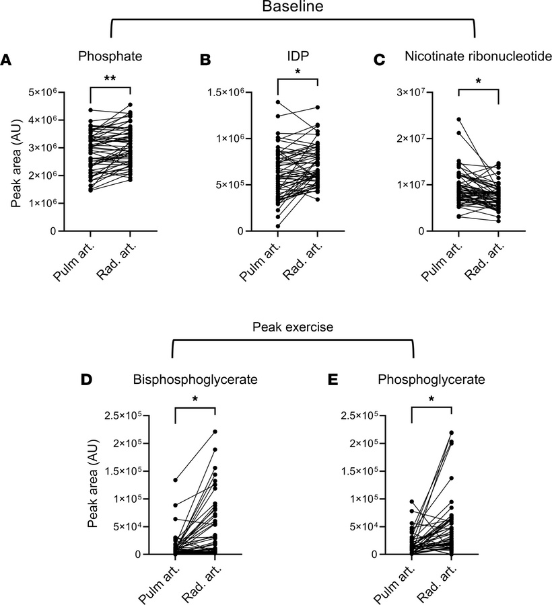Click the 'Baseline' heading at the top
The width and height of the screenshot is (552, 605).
pyautogui.click(x=292, y=8)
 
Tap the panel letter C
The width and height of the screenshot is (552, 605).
pyautogui.click(x=379, y=60)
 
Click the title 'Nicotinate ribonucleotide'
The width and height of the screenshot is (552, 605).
pyautogui.click(x=478, y=56)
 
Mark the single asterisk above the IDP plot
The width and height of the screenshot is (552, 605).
pyautogui.click(x=297, y=72)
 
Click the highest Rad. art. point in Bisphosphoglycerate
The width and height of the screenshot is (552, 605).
pyautogui.click(x=215, y=432)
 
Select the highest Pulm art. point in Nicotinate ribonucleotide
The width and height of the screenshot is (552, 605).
pyautogui.click(x=458, y=120)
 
